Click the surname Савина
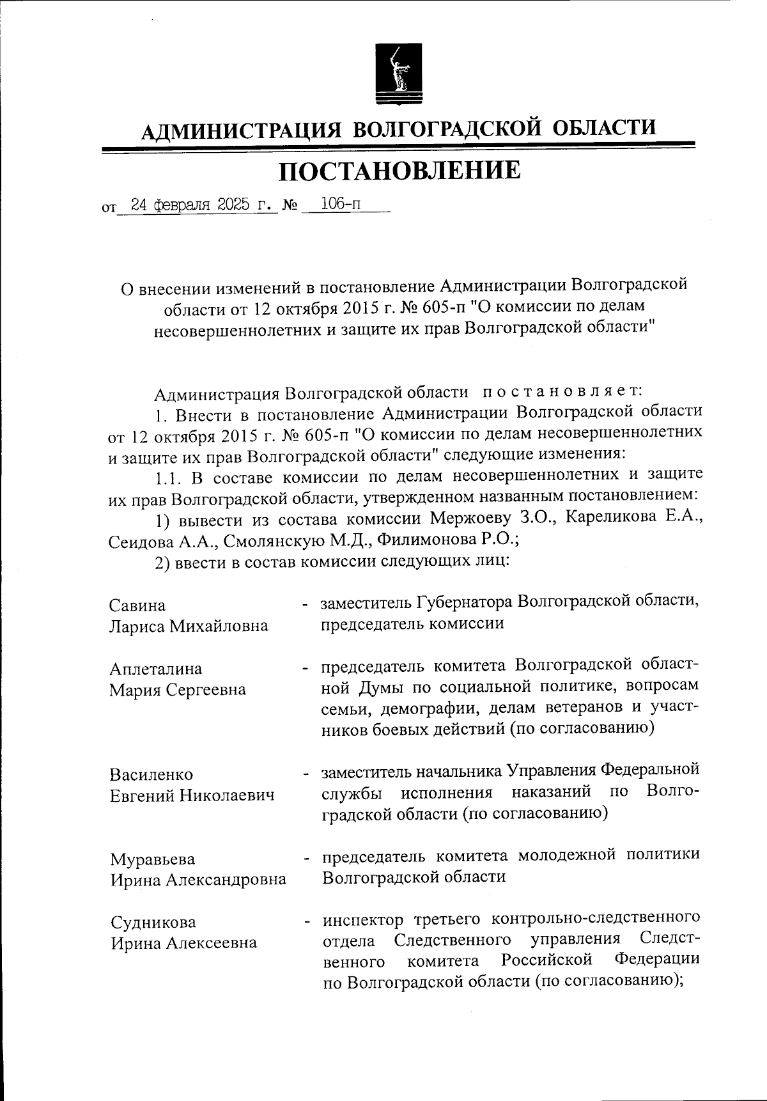pos(137,605)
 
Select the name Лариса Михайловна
pos(189,626)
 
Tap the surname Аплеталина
pos(156,669)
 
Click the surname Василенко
pos(151,774)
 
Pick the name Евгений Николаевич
pos(192,795)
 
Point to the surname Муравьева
pos(153,859)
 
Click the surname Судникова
pos(153,922)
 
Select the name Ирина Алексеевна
pos(183,943)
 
